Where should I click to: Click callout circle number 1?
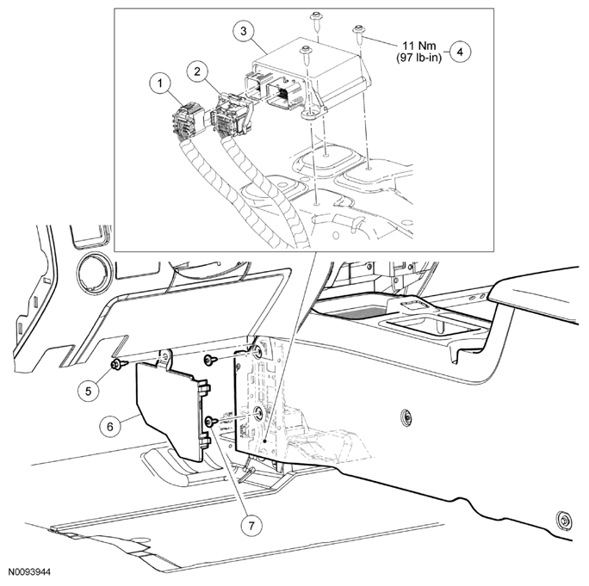pyautogui.click(x=158, y=84)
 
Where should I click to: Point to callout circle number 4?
pyautogui.click(x=461, y=51)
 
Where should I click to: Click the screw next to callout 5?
pyautogui.click(x=116, y=366)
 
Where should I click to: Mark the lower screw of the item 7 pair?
pyautogui.click(x=210, y=421)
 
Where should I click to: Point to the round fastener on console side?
pyautogui.click(x=404, y=419)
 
